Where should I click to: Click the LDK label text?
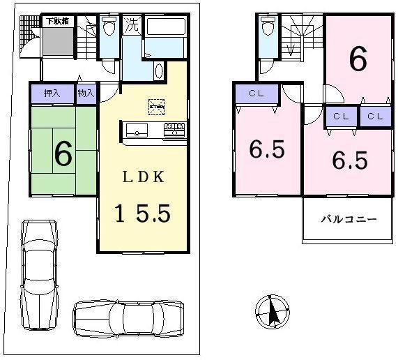point(144,177)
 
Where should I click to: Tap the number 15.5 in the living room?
point(144,212)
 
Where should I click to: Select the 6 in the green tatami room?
point(62,154)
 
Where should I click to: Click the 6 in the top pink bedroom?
point(358,59)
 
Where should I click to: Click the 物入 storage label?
point(86,93)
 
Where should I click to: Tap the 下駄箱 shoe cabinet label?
point(56,22)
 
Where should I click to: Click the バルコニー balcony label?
point(349,219)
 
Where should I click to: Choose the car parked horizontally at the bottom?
point(128,319)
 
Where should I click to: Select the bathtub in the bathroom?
point(165,33)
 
